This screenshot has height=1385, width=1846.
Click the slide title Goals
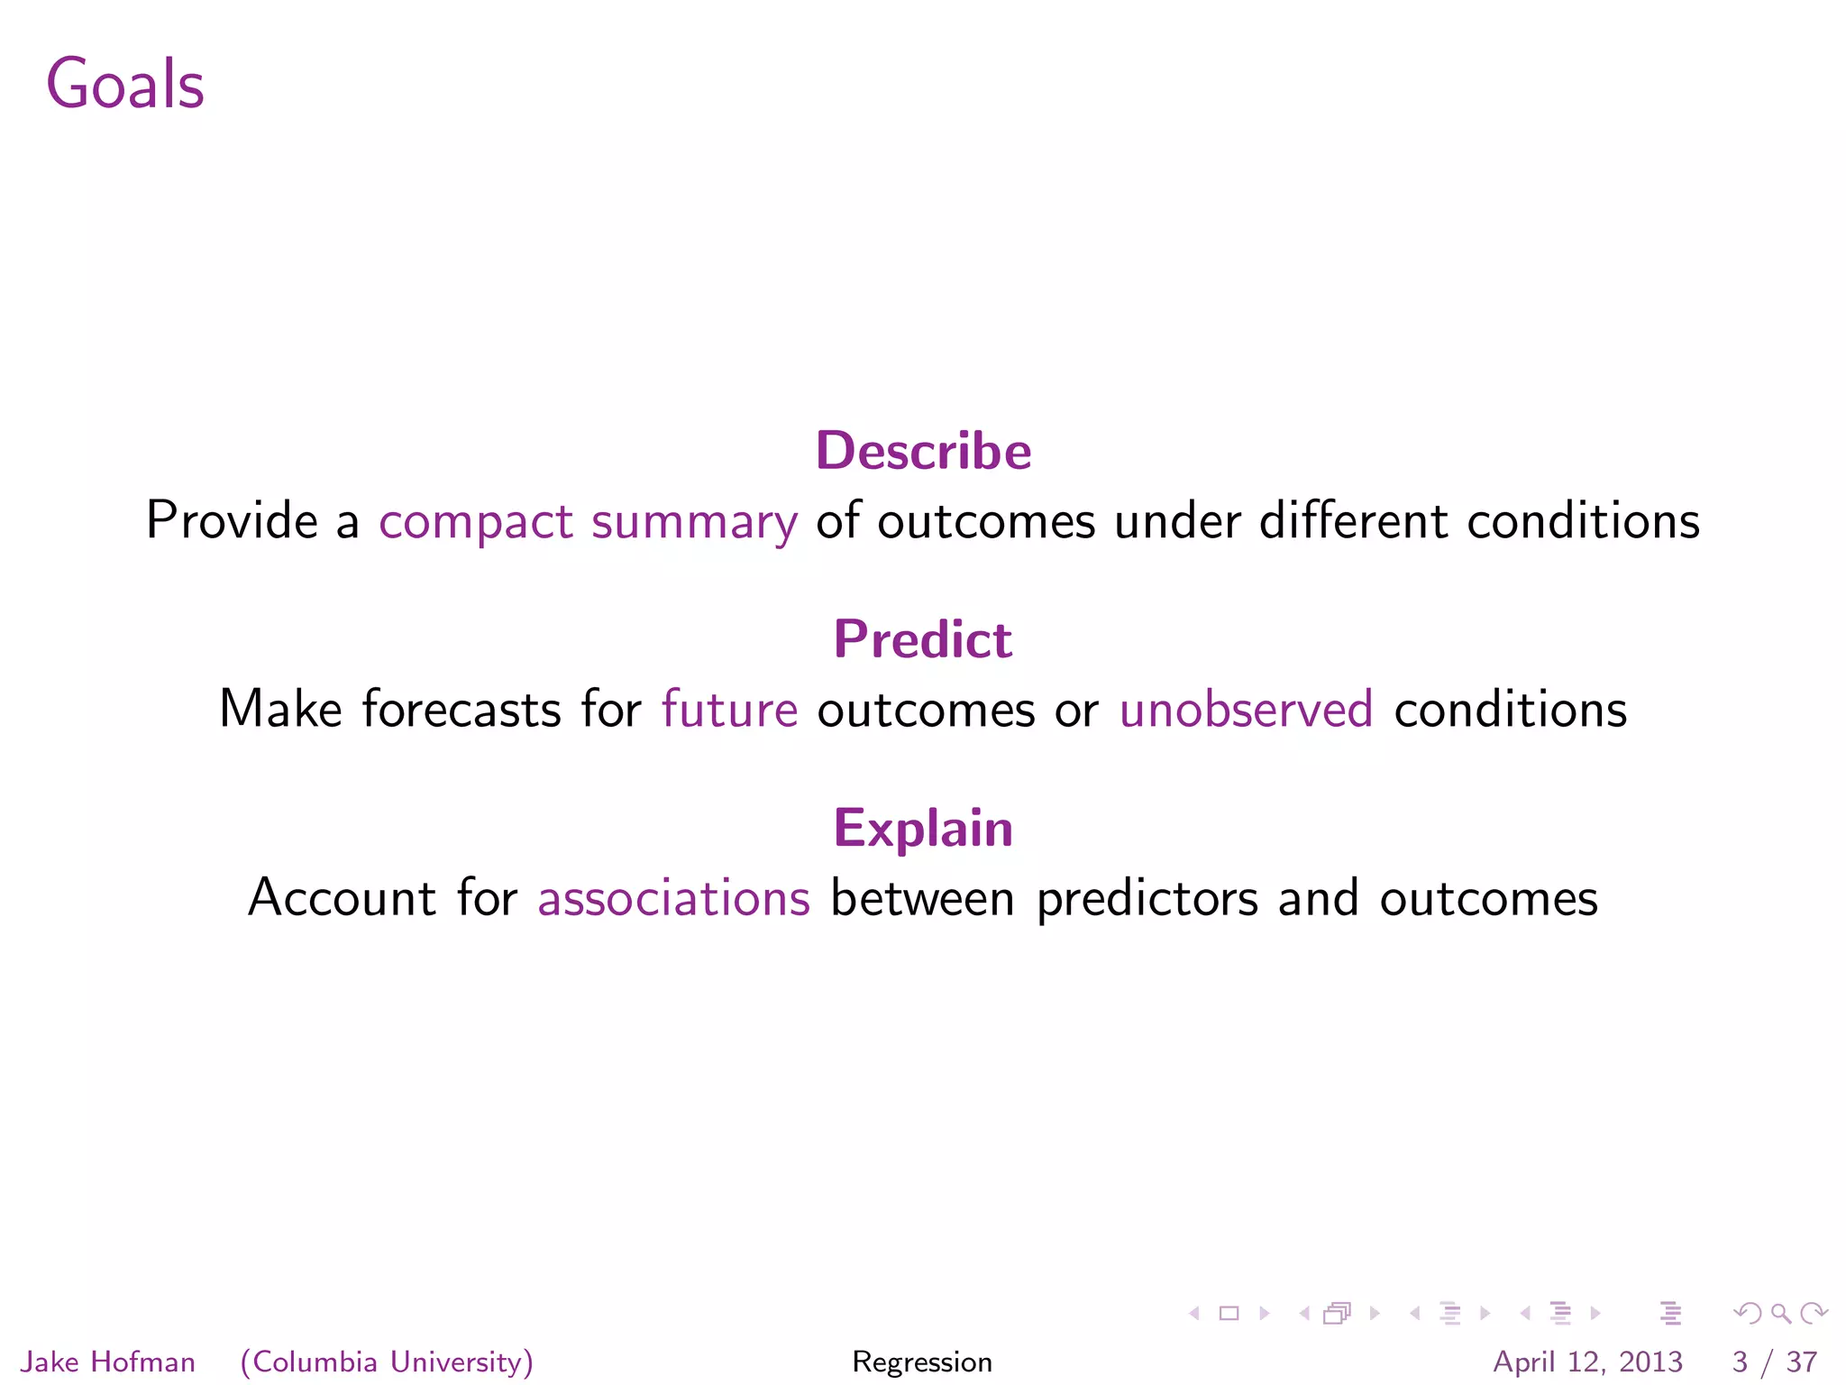(x=125, y=84)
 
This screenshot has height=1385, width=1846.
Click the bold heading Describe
(x=923, y=451)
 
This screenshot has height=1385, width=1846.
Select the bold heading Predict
(x=923, y=639)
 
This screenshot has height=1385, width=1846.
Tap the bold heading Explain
(x=923, y=828)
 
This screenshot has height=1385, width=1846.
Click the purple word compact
(x=475, y=523)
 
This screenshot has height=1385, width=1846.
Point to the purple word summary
(x=694, y=523)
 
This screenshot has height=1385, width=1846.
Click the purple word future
(x=729, y=710)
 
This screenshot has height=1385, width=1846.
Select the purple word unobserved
(x=1246, y=710)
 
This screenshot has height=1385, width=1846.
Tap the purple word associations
(x=673, y=899)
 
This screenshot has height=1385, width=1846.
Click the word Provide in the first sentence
(x=232, y=521)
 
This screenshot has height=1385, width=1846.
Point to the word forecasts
(x=461, y=710)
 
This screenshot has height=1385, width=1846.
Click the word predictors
(x=1147, y=899)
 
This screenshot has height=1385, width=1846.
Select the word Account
(x=342, y=899)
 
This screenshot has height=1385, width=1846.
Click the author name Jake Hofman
(x=107, y=1362)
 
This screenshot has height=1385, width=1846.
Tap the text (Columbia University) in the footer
(x=387, y=1362)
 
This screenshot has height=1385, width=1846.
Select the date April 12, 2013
(x=1587, y=1362)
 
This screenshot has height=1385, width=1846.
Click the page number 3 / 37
(x=1774, y=1362)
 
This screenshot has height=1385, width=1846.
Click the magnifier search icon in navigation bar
(x=1780, y=1314)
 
